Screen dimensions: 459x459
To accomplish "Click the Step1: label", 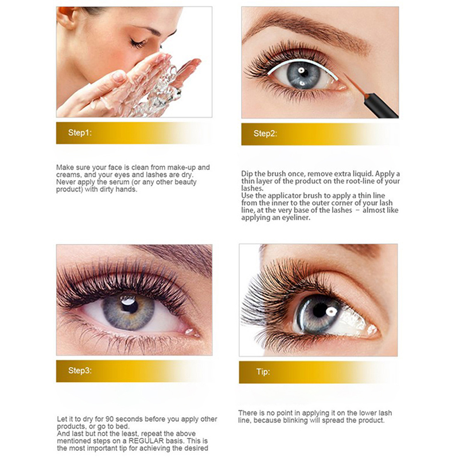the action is [80, 133].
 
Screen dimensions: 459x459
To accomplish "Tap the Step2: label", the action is [265, 134].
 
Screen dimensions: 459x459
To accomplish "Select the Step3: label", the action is [80, 371].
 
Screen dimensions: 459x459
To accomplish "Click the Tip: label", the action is [263, 372].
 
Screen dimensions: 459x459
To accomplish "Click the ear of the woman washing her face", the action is [67, 18].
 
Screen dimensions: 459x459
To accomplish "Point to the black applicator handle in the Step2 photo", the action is [380, 106].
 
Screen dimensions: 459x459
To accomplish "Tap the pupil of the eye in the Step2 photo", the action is [303, 72].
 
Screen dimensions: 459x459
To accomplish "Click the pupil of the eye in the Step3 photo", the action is [129, 305].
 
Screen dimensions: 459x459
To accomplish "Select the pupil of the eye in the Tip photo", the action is [321, 310].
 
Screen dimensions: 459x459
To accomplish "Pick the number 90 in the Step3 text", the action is [110, 419].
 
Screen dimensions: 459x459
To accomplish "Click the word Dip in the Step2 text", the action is [247, 174].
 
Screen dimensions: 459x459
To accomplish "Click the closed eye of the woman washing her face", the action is [138, 44].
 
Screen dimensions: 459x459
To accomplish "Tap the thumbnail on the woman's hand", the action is [119, 77].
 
